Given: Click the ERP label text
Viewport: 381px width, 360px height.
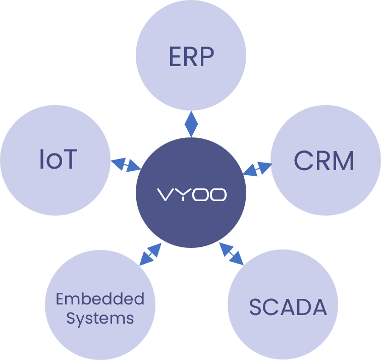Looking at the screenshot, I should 191,57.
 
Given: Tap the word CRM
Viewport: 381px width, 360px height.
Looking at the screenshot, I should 324,161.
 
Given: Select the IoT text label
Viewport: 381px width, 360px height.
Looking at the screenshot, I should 58,159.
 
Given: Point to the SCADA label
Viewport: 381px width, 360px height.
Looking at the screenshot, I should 288,307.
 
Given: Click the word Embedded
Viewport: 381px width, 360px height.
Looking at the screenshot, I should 100,299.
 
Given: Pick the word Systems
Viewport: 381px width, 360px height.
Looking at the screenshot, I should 100,319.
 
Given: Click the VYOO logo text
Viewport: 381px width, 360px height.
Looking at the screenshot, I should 191,195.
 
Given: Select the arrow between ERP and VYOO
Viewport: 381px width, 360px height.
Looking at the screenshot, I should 191,124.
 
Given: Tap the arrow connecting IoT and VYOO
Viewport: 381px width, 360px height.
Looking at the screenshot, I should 125,165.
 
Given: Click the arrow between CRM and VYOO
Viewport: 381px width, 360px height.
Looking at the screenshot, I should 257,168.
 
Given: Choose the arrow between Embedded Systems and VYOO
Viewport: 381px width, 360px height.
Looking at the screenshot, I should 150,254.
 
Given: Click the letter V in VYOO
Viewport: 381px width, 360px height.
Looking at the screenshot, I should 165,195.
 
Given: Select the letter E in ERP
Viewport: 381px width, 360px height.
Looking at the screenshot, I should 175,57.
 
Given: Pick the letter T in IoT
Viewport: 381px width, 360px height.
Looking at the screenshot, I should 70,159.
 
